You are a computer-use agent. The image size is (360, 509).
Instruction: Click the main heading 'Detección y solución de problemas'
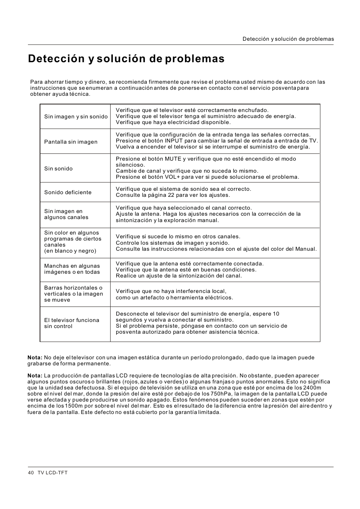pyautogui.click(x=126, y=59)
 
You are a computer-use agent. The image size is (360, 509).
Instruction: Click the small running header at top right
pyautogui.click(x=288, y=39)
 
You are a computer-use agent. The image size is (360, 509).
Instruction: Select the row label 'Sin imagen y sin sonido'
pyautogui.click(x=76, y=117)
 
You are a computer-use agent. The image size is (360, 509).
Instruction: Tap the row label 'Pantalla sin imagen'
pyautogui.click(x=71, y=142)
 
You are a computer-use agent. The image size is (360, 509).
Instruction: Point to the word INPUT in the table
pyautogui.click(x=174, y=141)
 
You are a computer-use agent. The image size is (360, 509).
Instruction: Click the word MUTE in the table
pyautogui.click(x=173, y=159)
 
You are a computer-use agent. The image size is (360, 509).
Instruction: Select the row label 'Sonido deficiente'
pyautogui.click(x=68, y=192)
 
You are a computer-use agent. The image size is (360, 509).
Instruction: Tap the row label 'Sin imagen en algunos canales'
pyautogui.click(x=66, y=214)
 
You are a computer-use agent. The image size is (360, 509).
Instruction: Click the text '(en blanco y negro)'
pyautogui.click(x=70, y=251)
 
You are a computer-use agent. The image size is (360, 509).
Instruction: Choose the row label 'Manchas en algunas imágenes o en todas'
pyautogui.click(x=72, y=269)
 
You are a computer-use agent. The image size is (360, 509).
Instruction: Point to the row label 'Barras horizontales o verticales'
pyautogui.click(x=73, y=291)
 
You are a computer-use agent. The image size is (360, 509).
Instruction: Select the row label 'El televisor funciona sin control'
pyautogui.click(x=71, y=323)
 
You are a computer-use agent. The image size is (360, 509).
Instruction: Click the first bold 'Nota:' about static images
pyautogui.click(x=35, y=357)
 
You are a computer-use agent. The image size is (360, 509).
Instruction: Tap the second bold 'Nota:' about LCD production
pyautogui.click(x=35, y=376)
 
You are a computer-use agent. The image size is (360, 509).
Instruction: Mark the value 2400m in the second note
pyautogui.click(x=312, y=388)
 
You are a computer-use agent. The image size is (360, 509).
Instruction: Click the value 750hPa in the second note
pyautogui.click(x=221, y=394)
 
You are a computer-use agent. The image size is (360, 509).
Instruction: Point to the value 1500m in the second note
pyautogui.click(x=71, y=406)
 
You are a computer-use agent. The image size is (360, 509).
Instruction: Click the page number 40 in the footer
pyautogui.click(x=31, y=472)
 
